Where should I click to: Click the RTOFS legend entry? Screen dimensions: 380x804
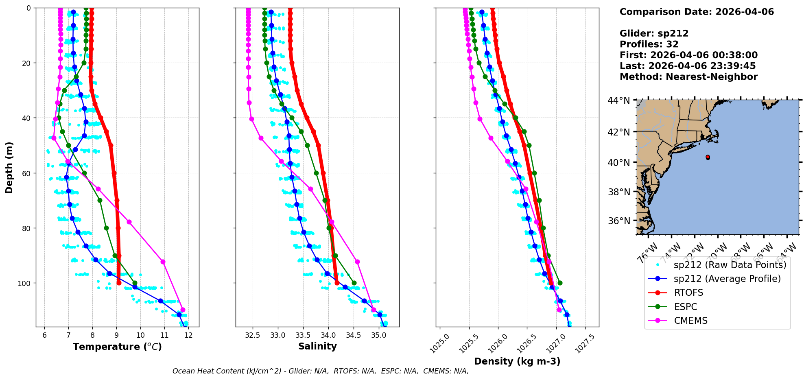(688, 293)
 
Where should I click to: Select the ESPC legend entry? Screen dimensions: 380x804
(686, 307)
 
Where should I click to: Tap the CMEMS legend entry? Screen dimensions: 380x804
(690, 321)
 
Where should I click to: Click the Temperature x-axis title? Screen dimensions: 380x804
(117, 347)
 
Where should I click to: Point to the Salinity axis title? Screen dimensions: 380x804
(317, 346)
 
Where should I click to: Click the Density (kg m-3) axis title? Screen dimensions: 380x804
(517, 361)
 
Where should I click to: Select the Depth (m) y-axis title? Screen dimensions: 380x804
(9, 167)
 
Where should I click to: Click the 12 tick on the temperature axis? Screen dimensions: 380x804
(188, 335)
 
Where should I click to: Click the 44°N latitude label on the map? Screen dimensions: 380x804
(618, 100)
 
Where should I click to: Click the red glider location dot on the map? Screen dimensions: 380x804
(708, 157)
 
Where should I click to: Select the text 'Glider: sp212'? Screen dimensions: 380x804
(654, 33)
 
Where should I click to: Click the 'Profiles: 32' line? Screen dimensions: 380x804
(649, 44)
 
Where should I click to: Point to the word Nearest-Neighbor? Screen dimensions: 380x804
(711, 77)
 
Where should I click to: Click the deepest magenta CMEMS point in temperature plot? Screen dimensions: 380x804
(183, 310)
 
